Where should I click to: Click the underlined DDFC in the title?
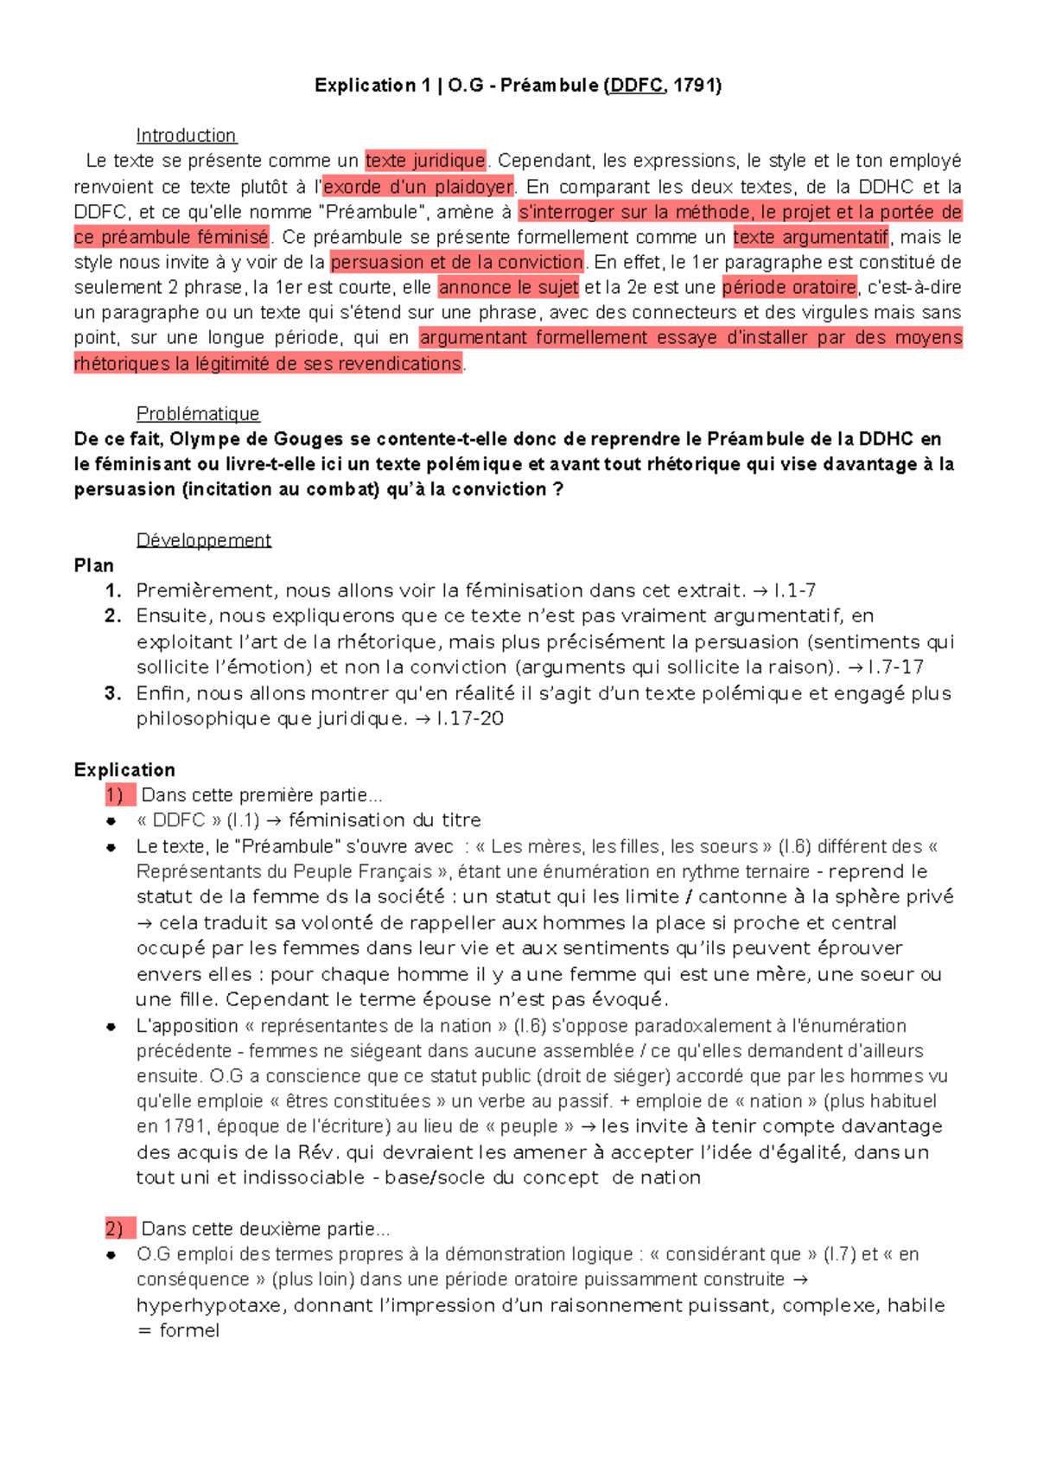point(636,85)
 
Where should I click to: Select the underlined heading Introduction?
point(186,136)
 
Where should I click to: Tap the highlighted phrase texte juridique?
point(425,161)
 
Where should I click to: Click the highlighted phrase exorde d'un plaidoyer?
point(418,187)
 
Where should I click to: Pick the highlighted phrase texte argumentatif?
point(811,237)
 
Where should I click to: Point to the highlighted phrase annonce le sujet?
point(508,287)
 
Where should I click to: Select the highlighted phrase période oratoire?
point(789,287)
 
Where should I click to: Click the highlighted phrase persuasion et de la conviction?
point(457,262)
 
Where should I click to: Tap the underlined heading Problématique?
point(198,414)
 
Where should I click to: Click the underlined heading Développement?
point(204,540)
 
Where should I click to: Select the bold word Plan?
point(94,565)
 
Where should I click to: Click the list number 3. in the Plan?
point(112,693)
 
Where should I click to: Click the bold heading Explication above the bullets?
point(124,770)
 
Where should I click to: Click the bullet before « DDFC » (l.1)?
point(111,821)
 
